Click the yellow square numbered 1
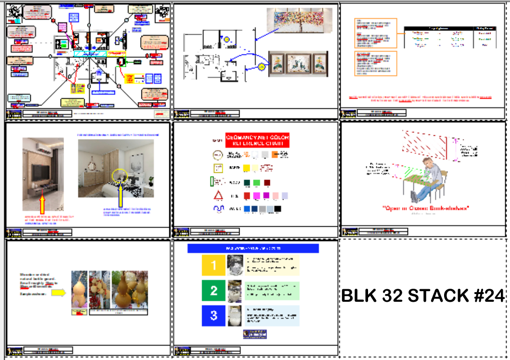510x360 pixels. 214,265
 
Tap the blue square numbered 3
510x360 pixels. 214,316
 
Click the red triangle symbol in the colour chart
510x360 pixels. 218,196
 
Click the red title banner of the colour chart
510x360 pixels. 257,141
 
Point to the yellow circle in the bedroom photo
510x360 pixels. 120,176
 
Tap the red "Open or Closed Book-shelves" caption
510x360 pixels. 425,208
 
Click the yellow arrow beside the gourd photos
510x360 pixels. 59,292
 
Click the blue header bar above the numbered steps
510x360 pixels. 253,248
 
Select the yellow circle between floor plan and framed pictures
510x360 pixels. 262,67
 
